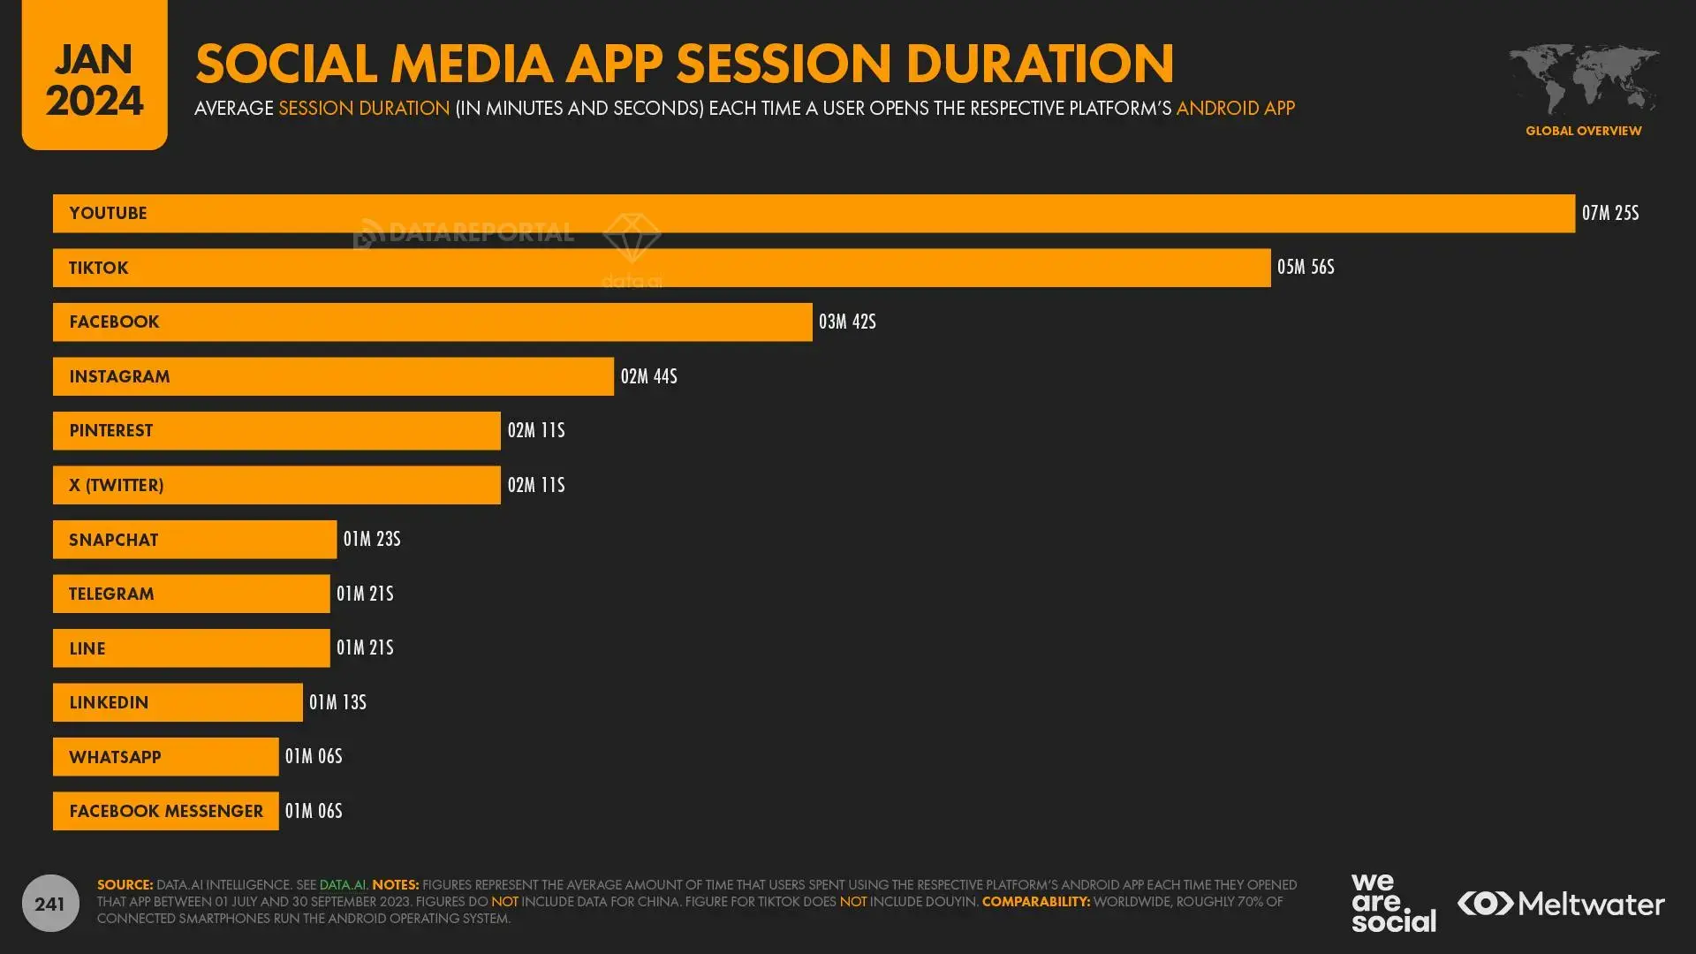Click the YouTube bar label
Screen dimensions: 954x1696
(x=108, y=214)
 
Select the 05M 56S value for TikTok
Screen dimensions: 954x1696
(x=1305, y=268)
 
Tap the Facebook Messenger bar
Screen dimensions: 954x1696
(x=165, y=811)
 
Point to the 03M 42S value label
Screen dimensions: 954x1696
(x=846, y=322)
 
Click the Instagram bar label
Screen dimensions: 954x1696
(x=119, y=377)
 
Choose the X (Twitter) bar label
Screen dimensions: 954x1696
(x=116, y=486)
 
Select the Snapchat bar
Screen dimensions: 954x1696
(x=194, y=540)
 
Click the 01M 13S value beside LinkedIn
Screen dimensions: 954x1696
(x=337, y=703)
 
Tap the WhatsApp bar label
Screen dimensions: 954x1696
(x=115, y=758)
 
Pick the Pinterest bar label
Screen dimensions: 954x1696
(x=110, y=431)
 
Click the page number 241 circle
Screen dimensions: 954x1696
(x=50, y=904)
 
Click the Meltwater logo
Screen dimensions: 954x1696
(x=1561, y=904)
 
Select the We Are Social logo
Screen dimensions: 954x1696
(x=1392, y=903)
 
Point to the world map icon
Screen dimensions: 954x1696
(x=1583, y=79)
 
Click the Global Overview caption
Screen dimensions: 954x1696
(x=1583, y=131)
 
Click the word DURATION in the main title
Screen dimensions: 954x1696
(x=1040, y=64)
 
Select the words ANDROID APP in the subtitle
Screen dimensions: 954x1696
(x=1235, y=109)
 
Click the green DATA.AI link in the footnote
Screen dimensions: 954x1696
(x=343, y=885)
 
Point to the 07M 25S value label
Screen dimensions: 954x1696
(x=1609, y=214)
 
